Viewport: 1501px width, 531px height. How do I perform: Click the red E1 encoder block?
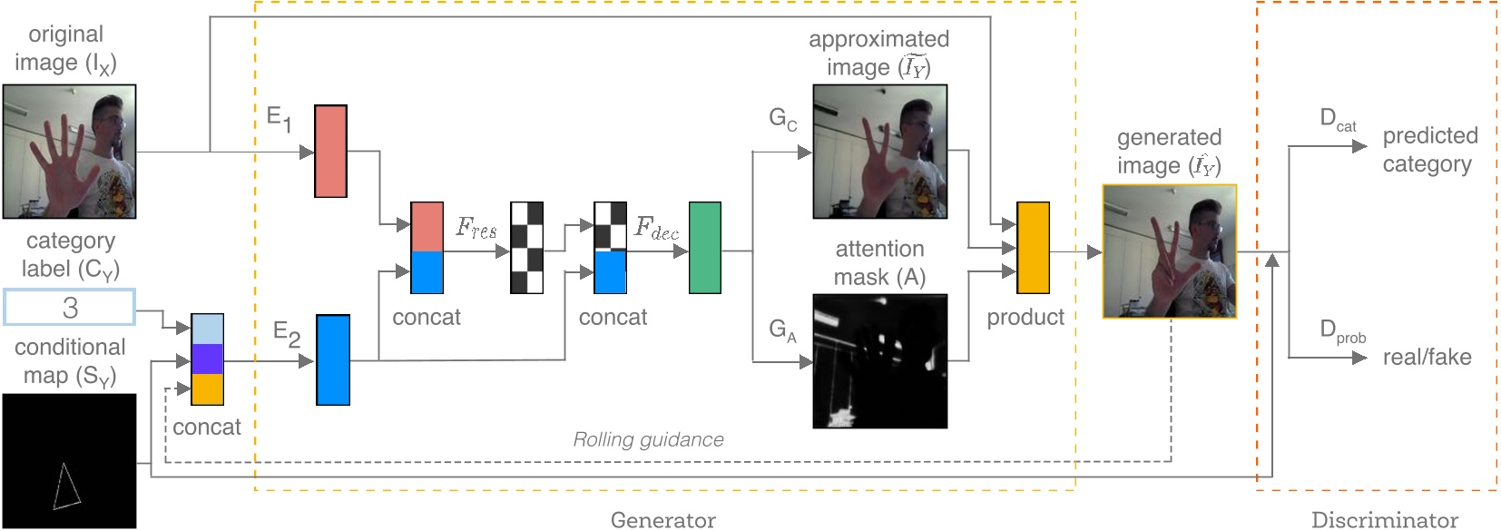coord(330,151)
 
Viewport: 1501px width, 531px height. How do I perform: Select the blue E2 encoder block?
coord(332,359)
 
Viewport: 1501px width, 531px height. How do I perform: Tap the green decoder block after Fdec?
coord(704,248)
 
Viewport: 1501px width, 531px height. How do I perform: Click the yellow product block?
coord(1033,248)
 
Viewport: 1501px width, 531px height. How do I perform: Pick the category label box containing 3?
coord(70,307)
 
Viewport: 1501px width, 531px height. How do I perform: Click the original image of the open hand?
coord(69,152)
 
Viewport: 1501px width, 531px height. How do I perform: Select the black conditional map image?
coord(69,460)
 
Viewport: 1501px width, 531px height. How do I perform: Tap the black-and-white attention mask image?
coord(879,360)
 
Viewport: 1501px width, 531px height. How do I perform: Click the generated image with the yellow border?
coord(1169,251)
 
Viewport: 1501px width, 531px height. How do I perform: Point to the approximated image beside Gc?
coord(879,152)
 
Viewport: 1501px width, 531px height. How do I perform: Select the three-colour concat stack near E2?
coord(207,359)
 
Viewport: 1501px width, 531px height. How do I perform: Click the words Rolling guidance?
coord(648,440)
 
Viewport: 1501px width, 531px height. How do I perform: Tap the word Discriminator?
coord(1384,520)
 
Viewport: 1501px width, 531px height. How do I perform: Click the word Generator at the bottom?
coord(662,520)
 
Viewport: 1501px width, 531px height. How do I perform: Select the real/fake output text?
coord(1427,357)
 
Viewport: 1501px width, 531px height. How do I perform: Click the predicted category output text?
coord(1429,150)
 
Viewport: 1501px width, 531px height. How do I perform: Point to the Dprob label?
coord(1342,331)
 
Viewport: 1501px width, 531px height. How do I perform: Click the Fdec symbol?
coord(655,228)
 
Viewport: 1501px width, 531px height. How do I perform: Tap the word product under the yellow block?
coord(1025,317)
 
